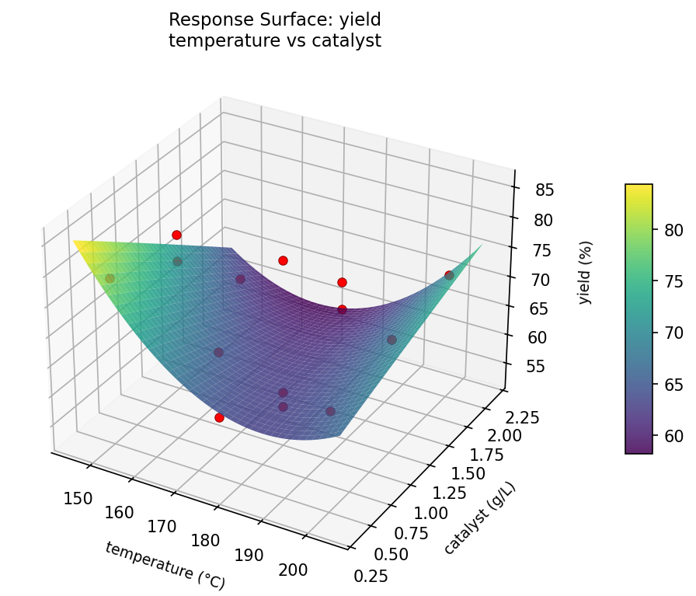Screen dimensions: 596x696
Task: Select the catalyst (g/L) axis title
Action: click(x=479, y=518)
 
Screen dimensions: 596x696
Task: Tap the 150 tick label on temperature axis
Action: click(x=78, y=498)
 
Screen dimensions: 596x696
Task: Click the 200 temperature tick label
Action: click(x=293, y=570)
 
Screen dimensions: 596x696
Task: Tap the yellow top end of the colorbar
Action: click(x=639, y=188)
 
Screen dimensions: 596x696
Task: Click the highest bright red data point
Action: click(x=176, y=235)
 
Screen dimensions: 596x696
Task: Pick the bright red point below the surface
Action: click(x=219, y=417)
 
